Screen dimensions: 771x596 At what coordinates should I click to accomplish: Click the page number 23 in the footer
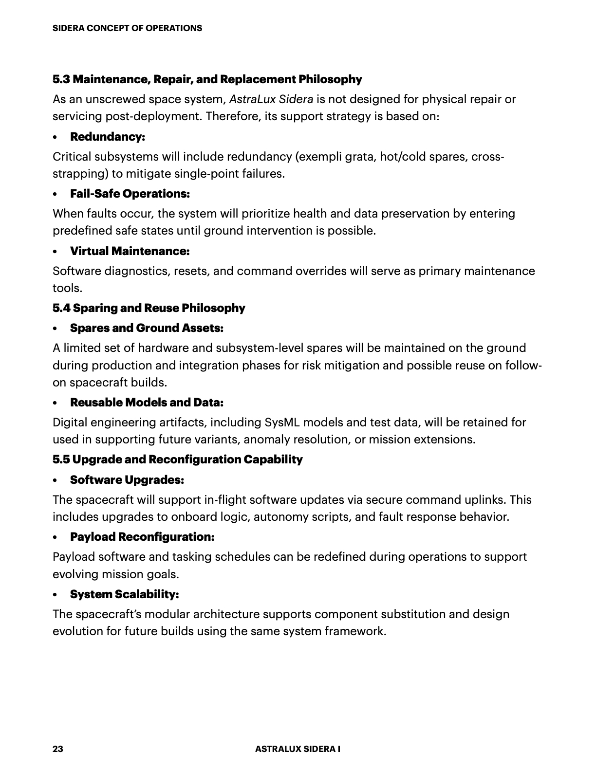click(58, 749)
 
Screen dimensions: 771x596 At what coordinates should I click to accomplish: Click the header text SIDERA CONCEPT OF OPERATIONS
click(127, 28)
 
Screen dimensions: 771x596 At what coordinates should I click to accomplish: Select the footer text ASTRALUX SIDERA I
click(298, 749)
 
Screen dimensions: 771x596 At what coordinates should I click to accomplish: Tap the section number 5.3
click(61, 79)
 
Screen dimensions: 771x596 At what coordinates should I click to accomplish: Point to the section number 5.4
click(61, 308)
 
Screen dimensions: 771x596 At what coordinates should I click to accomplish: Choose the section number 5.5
click(61, 459)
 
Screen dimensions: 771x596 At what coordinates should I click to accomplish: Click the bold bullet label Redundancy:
click(108, 137)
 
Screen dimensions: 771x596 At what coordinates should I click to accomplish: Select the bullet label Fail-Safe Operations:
click(130, 194)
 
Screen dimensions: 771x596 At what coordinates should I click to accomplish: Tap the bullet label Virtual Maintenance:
click(130, 251)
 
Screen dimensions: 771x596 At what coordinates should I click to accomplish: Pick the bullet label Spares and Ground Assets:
click(147, 328)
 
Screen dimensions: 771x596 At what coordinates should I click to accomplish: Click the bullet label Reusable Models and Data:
click(147, 403)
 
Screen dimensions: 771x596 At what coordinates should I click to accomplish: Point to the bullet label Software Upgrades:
click(127, 480)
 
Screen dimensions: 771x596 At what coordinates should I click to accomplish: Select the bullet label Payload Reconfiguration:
click(142, 537)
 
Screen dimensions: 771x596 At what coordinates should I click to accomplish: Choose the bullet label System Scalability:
click(125, 594)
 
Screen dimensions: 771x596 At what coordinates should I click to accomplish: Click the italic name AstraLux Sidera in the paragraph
click(271, 99)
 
